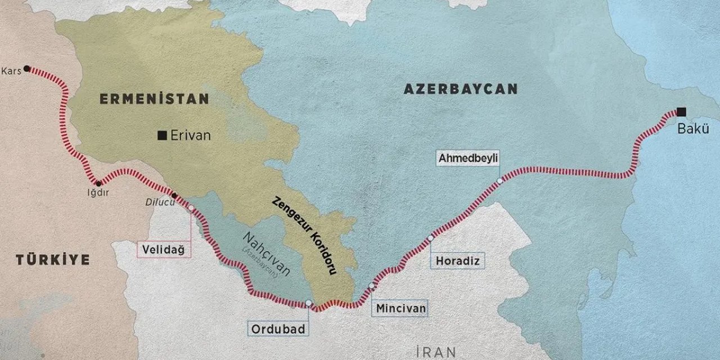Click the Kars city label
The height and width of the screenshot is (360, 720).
(11, 71)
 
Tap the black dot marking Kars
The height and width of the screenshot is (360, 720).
(27, 69)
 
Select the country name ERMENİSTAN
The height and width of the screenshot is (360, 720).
(154, 99)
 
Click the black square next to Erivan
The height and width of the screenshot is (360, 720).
(162, 134)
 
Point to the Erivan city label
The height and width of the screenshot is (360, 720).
(190, 135)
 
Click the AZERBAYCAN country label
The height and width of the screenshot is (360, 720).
(460, 89)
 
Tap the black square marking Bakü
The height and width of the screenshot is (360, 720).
(682, 111)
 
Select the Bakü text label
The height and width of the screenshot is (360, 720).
(694, 129)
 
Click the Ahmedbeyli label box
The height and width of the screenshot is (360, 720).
(469, 158)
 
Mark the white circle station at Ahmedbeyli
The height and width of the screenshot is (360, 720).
(499, 181)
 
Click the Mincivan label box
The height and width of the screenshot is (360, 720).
(401, 308)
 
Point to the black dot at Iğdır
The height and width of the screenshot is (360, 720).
(98, 183)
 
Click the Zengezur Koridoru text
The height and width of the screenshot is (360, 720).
(304, 235)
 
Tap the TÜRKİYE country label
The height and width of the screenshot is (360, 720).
(52, 259)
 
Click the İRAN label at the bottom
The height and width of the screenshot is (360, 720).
(433, 352)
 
